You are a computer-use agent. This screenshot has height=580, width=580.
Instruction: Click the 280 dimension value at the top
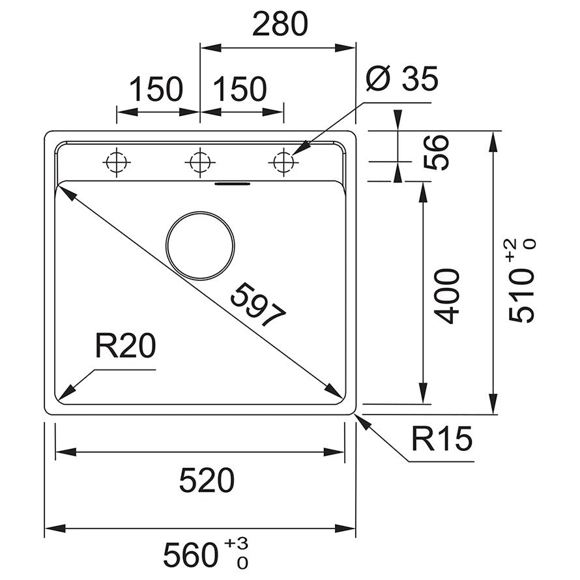[x=280, y=25]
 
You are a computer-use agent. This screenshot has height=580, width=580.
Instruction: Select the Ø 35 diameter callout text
[x=402, y=80]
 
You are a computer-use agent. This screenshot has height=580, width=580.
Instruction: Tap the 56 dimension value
[x=441, y=152]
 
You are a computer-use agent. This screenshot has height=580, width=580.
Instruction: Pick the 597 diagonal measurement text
[x=259, y=304]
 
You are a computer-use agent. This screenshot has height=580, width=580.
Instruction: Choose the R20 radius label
[x=126, y=346]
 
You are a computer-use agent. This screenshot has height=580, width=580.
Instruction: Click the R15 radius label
[x=441, y=440]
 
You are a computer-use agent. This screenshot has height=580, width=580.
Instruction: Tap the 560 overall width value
[x=190, y=556]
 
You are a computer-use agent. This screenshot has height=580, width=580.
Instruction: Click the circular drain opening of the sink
[x=200, y=246]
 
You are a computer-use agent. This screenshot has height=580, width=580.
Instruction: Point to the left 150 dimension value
[x=156, y=89]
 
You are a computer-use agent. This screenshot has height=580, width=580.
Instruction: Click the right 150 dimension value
[x=240, y=89]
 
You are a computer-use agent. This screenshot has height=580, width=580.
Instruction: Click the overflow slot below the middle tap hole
[x=233, y=183]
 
